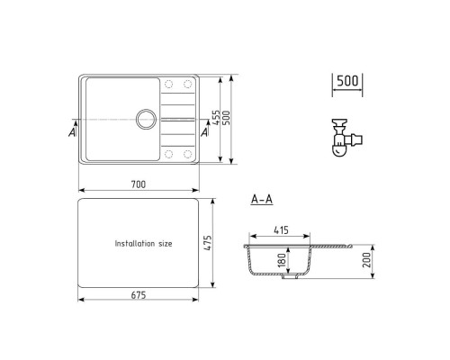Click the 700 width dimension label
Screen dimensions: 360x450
[138, 184]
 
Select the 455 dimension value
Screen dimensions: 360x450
[216, 118]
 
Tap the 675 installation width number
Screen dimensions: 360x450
[138, 295]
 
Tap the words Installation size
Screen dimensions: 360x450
[148, 244]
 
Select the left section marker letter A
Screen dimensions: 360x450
[72, 132]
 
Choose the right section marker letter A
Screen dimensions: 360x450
[205, 132]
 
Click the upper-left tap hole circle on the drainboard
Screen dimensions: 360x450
[168, 86]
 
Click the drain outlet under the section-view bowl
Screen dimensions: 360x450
[290, 278]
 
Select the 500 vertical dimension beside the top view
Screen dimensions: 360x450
[229, 118]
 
